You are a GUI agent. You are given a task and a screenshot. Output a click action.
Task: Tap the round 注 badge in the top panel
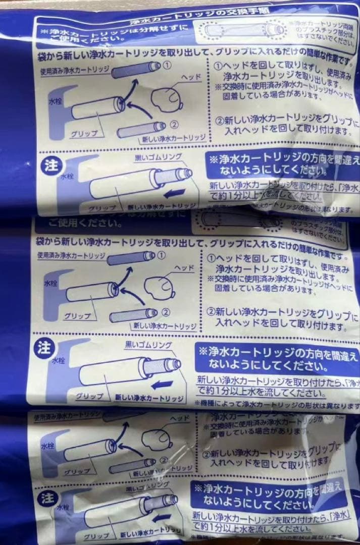tap(50, 166)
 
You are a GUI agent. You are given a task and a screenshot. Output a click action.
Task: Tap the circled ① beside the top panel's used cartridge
tap(168, 65)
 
